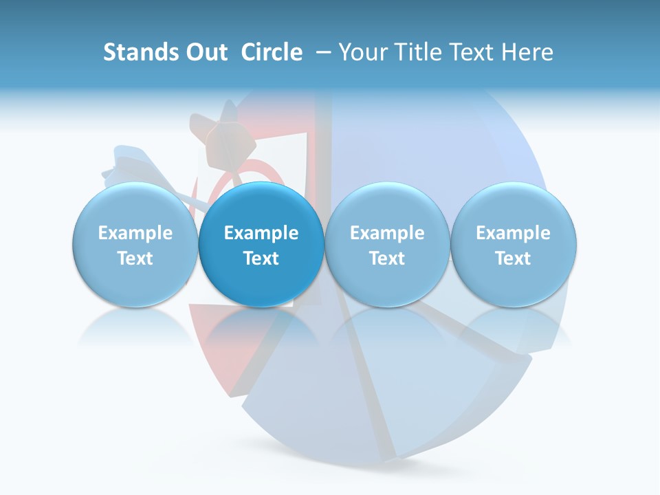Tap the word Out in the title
[205, 52]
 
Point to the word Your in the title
[362, 52]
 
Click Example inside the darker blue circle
[261, 233]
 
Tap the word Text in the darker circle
[261, 258]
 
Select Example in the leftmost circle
[135, 233]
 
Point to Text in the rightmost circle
[514, 258]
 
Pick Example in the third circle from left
[387, 233]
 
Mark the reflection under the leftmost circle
[135, 328]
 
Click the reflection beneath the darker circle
[261, 328]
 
